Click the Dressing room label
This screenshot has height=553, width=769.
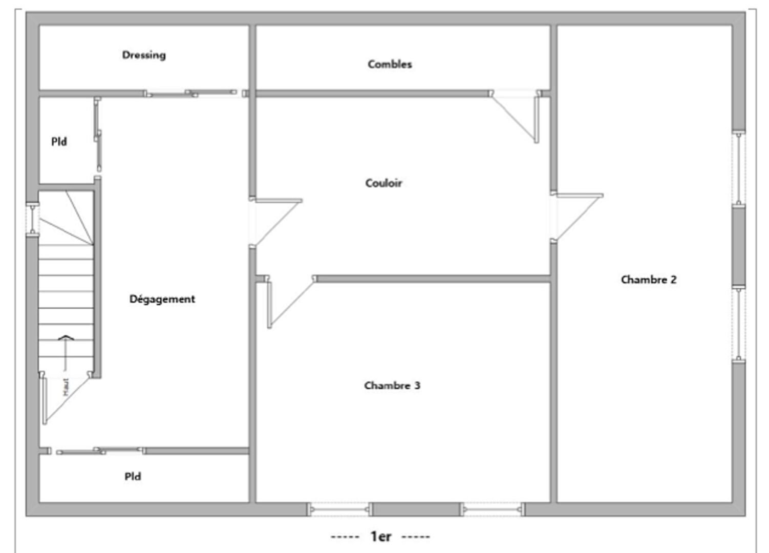point(144,55)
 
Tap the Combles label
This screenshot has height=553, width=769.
point(390,64)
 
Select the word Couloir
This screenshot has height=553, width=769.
point(383,183)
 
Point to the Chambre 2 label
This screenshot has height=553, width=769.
point(648,280)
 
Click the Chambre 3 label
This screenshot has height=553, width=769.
point(392,386)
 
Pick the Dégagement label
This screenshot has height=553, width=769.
point(162,299)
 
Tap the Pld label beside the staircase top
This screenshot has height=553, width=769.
point(59,142)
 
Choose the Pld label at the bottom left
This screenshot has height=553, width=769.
point(133,477)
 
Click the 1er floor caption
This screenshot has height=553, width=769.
point(380,537)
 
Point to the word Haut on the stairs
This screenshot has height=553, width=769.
point(66,387)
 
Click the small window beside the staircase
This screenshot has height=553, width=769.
point(32,219)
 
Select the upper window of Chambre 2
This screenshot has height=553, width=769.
point(738,169)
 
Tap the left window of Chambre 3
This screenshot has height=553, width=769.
point(339,509)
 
